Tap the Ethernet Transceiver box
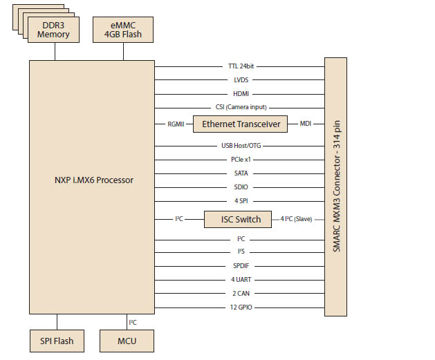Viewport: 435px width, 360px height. coord(241,124)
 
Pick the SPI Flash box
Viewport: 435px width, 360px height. coord(57,341)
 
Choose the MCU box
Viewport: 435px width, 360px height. coord(127,341)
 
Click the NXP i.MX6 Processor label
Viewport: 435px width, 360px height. coord(92,180)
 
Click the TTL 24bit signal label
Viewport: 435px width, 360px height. coord(241,67)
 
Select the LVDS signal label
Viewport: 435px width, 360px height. coord(241,80)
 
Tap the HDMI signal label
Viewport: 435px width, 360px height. coord(241,93)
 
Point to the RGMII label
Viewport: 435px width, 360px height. coord(174,124)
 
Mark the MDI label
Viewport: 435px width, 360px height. coord(305,124)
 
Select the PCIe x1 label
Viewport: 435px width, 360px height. coord(241,160)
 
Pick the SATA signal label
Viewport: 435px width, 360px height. coord(241,173)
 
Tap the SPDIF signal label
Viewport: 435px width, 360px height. coord(241,265)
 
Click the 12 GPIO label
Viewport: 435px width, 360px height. coord(241,306)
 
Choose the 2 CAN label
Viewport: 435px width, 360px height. coord(241,293)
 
